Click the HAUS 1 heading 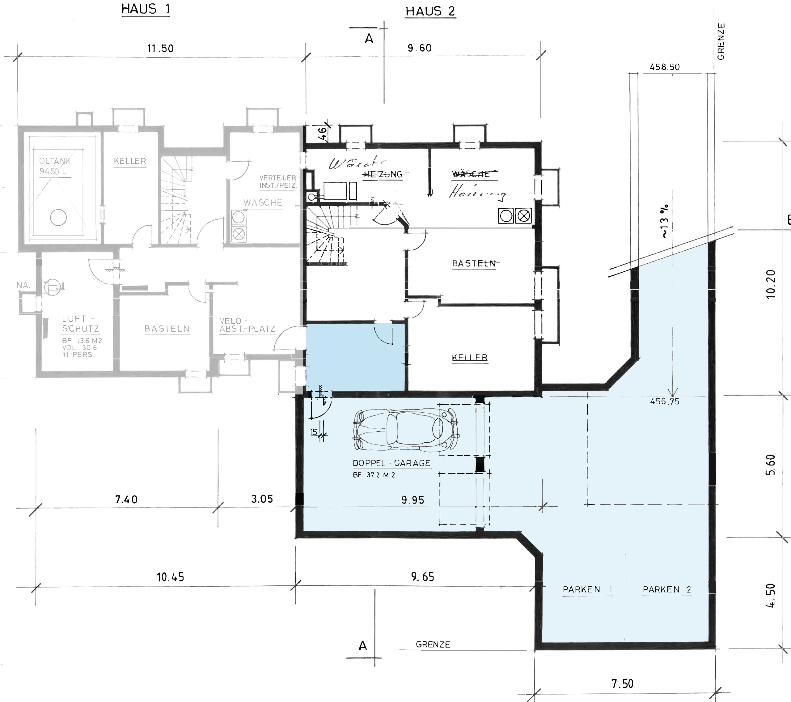point(146,9)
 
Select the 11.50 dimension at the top point(160,49)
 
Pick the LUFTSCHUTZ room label point(81,324)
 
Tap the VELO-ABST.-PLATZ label point(247,325)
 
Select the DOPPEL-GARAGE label point(391,463)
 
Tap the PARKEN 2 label point(667,589)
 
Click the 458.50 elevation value point(664,67)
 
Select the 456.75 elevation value point(664,402)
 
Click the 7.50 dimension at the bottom point(622,683)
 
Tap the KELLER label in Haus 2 point(470,357)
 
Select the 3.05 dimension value point(262,499)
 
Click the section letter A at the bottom point(363,646)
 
